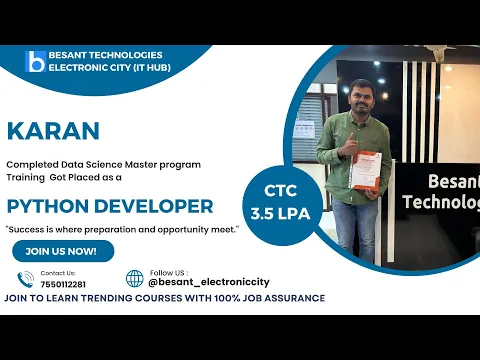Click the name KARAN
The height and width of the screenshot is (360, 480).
click(53, 131)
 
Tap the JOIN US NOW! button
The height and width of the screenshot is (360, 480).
click(62, 251)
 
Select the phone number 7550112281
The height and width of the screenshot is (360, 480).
click(63, 284)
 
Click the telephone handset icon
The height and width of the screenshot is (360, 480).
click(26, 279)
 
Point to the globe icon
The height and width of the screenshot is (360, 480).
click(134, 278)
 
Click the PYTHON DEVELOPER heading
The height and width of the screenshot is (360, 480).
click(110, 207)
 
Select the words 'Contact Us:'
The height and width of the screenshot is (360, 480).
click(57, 273)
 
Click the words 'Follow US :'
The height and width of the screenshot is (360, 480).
click(167, 272)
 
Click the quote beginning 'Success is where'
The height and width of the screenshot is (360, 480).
click(122, 229)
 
